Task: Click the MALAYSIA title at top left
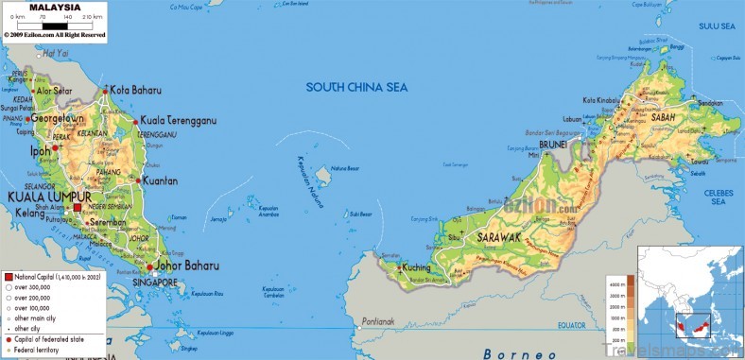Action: [x=48, y=8]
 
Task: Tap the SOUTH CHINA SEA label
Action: [x=356, y=87]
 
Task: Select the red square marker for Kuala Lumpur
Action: [x=77, y=205]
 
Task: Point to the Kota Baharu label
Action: [x=132, y=90]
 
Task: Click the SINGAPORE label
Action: [x=154, y=283]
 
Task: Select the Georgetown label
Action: [x=58, y=119]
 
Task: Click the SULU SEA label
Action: [x=715, y=26]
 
